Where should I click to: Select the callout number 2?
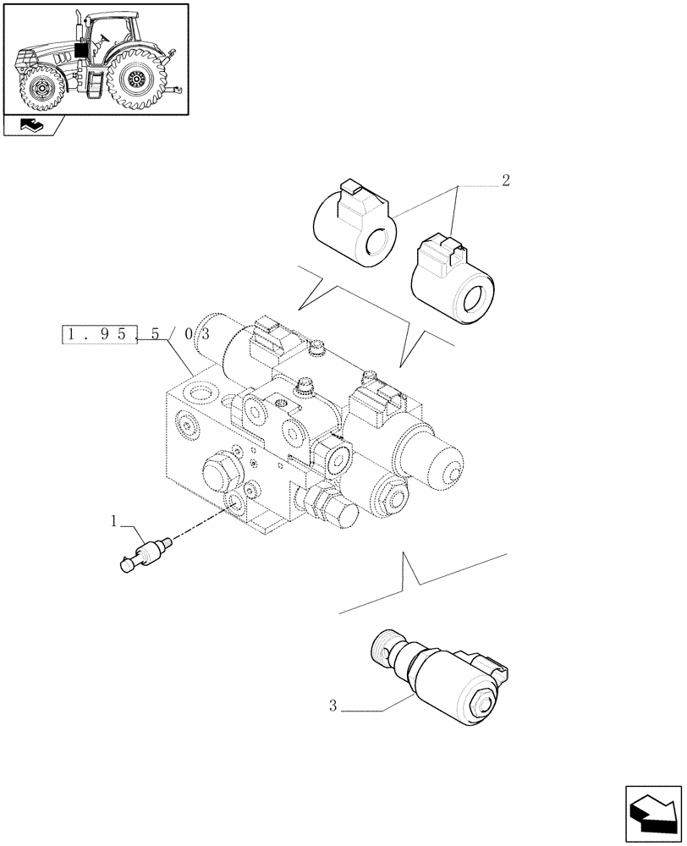[x=505, y=180]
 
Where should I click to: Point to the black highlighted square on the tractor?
[x=81, y=49]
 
